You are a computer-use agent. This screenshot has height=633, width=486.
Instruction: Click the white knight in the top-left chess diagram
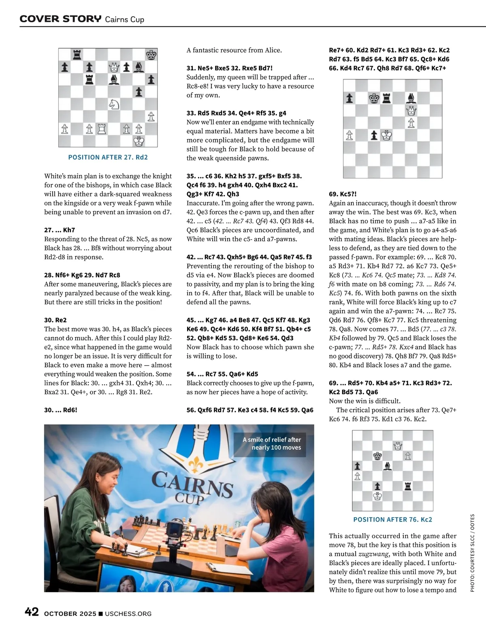(x=114, y=104)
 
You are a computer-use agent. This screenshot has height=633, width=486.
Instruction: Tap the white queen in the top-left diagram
(x=114, y=67)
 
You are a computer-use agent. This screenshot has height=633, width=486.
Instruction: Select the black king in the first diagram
(x=151, y=55)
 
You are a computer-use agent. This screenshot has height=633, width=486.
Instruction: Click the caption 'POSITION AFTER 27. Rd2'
(x=108, y=157)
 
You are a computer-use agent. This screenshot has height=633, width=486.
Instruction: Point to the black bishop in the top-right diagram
(x=411, y=98)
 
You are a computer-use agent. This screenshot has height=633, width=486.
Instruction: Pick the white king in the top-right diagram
(x=387, y=135)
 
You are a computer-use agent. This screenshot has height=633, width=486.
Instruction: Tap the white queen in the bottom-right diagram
(x=398, y=446)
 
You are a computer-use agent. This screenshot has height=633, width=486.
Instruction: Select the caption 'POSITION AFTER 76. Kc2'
(x=392, y=519)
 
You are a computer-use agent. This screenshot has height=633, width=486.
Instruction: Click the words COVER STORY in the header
(x=61, y=19)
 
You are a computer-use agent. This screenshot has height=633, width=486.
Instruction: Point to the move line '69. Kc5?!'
(x=343, y=194)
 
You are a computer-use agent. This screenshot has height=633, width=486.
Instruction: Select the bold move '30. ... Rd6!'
(x=61, y=410)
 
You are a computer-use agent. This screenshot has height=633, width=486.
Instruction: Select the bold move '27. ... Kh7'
(x=60, y=230)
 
